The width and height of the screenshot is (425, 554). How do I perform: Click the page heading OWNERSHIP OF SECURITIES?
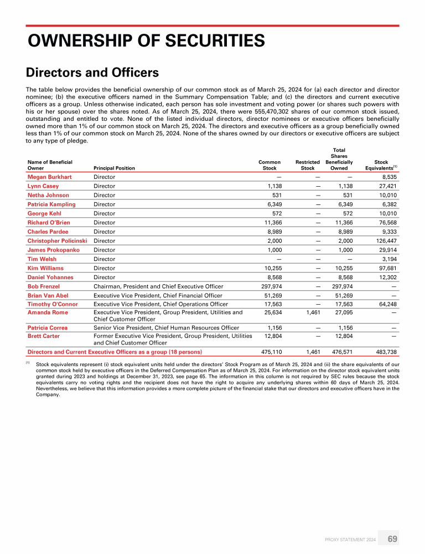[146, 40]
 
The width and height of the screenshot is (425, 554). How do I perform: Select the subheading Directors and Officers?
[92, 73]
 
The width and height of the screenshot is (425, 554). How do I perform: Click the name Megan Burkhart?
[49, 177]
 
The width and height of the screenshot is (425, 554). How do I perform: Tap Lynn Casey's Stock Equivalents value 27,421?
[387, 186]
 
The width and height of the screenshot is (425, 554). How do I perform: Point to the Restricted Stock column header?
[307, 165]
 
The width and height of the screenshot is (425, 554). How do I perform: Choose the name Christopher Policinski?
[58, 241]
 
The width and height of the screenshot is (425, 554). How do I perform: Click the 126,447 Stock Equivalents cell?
[386, 241]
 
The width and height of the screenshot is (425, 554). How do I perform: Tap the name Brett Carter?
[44, 336]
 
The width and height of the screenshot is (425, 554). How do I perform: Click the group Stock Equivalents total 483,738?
[386, 352]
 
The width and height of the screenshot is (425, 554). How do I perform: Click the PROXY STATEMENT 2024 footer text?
[351, 539]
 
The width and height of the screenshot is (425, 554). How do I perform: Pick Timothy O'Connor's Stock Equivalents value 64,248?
[387, 304]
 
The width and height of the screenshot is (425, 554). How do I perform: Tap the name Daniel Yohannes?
[50, 277]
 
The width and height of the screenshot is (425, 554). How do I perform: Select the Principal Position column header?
[114, 167]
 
